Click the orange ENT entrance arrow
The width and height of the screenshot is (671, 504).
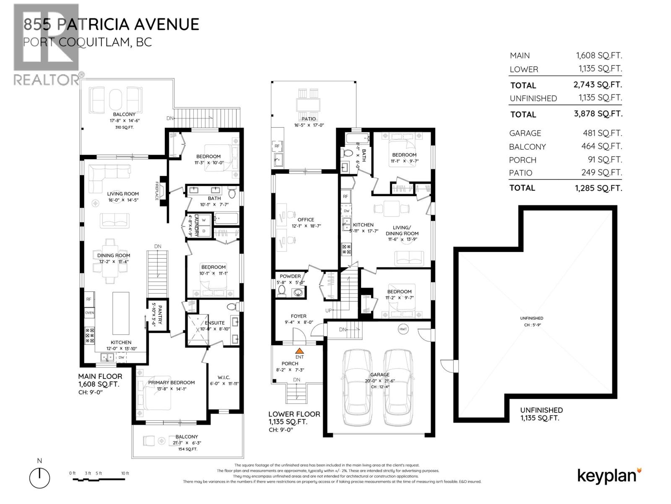coord(299,351)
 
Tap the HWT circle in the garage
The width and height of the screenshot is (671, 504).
coord(403,329)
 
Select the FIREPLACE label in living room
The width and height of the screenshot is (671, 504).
coord(157,190)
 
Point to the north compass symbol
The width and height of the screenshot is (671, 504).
coord(39,477)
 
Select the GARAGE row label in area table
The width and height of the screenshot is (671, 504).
coord(525,133)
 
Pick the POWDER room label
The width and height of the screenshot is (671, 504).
coord(290,276)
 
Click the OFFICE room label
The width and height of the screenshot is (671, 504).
coord(306,220)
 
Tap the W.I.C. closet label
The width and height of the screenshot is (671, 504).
coord(224,377)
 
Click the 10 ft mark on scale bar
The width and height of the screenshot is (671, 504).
coord(125,473)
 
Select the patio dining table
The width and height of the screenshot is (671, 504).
coord(309,104)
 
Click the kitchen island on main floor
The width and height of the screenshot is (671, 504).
coord(121,312)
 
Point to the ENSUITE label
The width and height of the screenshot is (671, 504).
coord(215,323)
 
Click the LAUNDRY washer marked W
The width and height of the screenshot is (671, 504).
coord(204,220)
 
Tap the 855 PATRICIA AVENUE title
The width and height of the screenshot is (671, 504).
coord(111,24)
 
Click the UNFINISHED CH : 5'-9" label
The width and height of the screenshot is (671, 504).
coord(531,321)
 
